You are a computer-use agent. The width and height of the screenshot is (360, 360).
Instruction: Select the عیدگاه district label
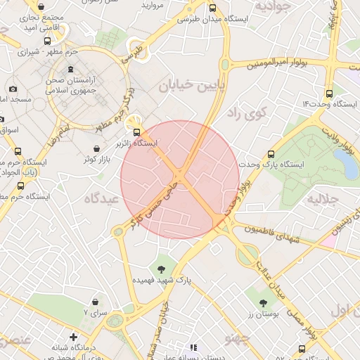click(x=103, y=199)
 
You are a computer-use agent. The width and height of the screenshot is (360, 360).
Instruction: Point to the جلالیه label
click(x=323, y=199)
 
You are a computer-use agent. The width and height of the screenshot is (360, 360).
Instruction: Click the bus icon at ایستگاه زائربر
click(x=136, y=131)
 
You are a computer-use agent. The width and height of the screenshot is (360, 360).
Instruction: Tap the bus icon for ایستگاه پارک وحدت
click(x=271, y=154)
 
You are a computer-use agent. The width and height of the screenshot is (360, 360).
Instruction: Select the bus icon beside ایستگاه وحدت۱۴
click(x=328, y=93)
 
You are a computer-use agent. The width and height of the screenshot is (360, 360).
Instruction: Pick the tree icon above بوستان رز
click(x=263, y=303)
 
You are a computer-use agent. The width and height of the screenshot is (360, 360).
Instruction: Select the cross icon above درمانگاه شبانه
click(x=73, y=337)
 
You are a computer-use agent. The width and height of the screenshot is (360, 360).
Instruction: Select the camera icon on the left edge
click(x=13, y=89)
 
